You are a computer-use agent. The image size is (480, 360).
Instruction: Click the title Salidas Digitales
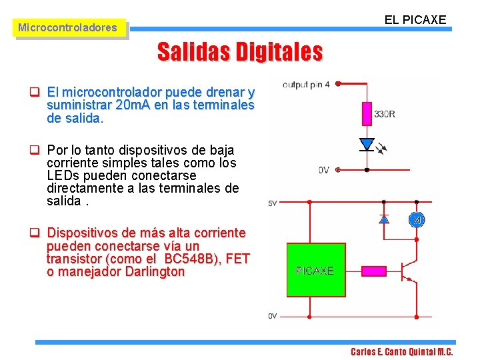[x=240, y=51]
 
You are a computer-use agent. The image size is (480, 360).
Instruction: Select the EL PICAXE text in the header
[x=415, y=20]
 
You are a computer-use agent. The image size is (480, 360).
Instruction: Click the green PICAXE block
[x=315, y=270]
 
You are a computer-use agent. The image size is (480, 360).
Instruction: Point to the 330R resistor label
[x=385, y=115]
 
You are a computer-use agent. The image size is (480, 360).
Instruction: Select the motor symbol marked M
[x=417, y=220]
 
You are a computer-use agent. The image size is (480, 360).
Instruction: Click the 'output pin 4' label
[x=306, y=84]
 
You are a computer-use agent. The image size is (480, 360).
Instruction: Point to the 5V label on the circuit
[x=272, y=203]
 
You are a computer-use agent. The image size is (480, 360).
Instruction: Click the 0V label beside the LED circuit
[x=323, y=170]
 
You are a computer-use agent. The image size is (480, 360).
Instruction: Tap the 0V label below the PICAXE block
[x=272, y=315]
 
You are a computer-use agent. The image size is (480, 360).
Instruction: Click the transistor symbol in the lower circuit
[x=407, y=270]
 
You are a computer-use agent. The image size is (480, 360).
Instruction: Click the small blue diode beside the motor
[x=384, y=219]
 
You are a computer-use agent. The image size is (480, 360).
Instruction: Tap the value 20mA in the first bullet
[x=134, y=105]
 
